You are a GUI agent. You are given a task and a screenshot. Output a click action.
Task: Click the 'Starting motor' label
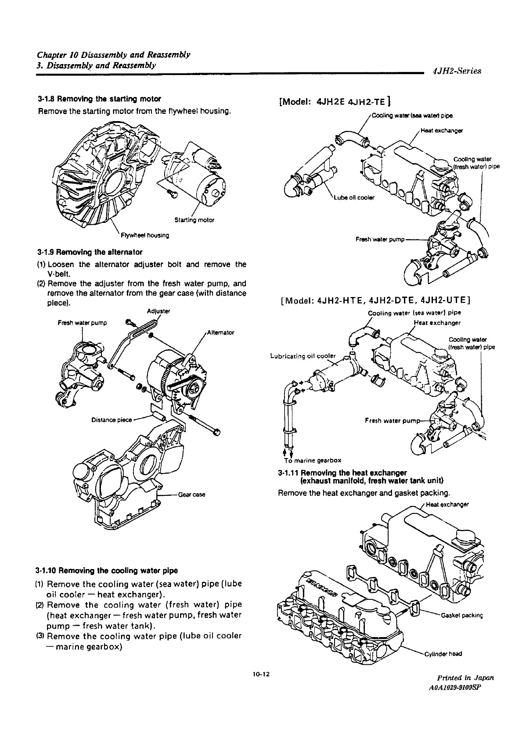coord(194,220)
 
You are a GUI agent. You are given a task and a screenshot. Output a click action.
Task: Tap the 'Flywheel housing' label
coord(146,236)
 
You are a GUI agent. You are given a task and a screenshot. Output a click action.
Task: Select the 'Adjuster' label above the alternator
coord(159,312)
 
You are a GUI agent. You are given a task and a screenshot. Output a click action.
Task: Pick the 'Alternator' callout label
coord(220,333)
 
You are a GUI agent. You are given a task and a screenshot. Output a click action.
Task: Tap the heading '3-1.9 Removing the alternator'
coord(90,252)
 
